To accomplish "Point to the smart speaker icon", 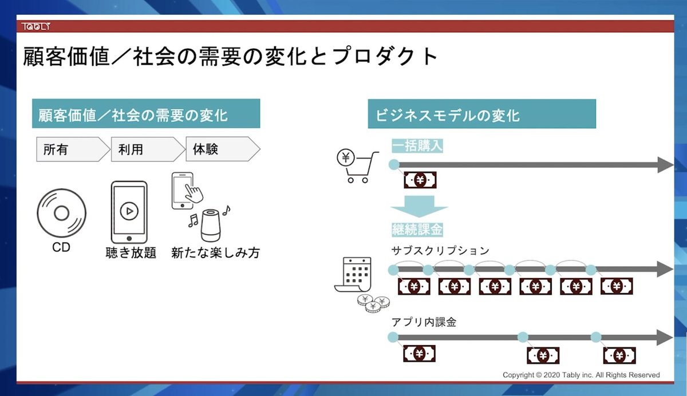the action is click(x=211, y=225).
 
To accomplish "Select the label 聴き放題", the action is click(x=131, y=252).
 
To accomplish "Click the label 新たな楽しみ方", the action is click(x=215, y=252).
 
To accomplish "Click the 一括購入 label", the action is click(x=417, y=146).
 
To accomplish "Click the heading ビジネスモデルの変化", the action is click(x=448, y=114).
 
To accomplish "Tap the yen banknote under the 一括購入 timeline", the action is click(x=420, y=181).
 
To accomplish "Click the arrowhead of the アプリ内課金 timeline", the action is click(x=664, y=337).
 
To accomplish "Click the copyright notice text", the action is click(x=581, y=375).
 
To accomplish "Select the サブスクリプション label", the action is click(x=440, y=251).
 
